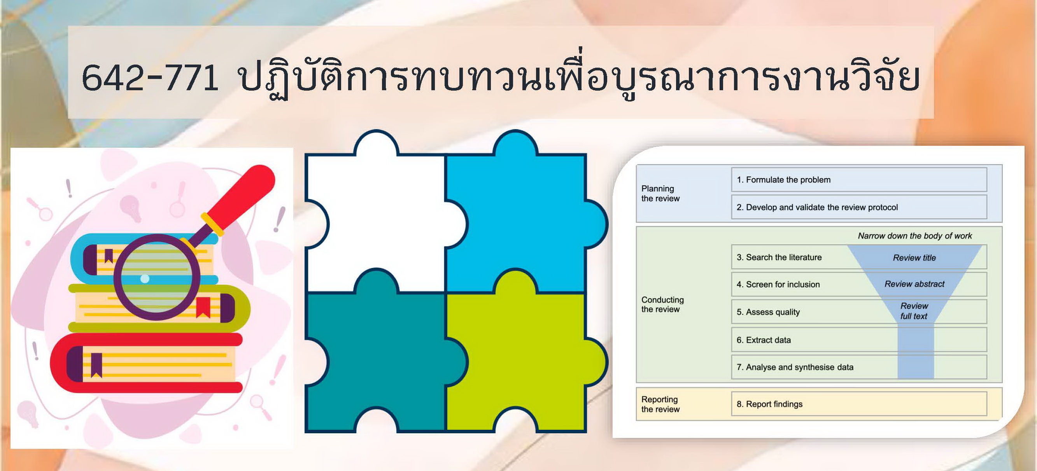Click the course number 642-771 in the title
[x=150, y=77]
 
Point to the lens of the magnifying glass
[x=158, y=277]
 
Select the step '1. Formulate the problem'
[x=783, y=180]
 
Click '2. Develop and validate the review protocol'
[x=817, y=207]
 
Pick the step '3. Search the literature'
[x=779, y=257]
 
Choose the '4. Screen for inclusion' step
[x=778, y=285]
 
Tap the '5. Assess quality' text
[x=768, y=312]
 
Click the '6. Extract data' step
[x=764, y=340]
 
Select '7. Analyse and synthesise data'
[x=795, y=367]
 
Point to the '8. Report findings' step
[x=769, y=404]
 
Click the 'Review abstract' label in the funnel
[x=914, y=284]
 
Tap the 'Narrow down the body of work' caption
[x=914, y=236]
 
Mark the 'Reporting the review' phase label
[x=660, y=404]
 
